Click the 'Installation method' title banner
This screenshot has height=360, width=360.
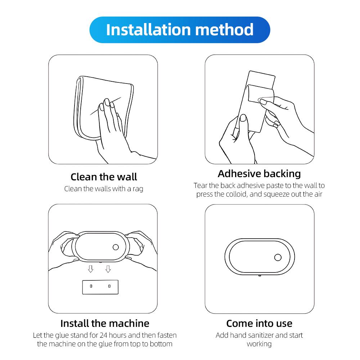pos(180,30)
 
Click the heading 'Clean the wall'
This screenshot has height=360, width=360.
pos(104,177)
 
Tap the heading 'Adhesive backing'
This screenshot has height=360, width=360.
pos(259,174)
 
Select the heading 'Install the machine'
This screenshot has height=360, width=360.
pos(105,323)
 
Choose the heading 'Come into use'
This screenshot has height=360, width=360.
pos(259,323)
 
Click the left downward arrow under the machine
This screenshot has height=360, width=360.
pos(91,269)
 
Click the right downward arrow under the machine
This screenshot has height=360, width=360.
pos(108,269)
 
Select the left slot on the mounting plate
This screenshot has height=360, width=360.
pos(91,286)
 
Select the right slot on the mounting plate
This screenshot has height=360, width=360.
pos(109,286)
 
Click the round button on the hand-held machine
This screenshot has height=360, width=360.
pos(116,247)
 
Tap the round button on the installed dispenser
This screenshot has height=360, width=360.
pos(278,257)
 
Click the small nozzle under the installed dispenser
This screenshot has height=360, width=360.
pos(259,276)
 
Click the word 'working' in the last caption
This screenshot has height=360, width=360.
pos(259,344)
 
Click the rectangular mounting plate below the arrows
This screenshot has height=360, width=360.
pos(100,287)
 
